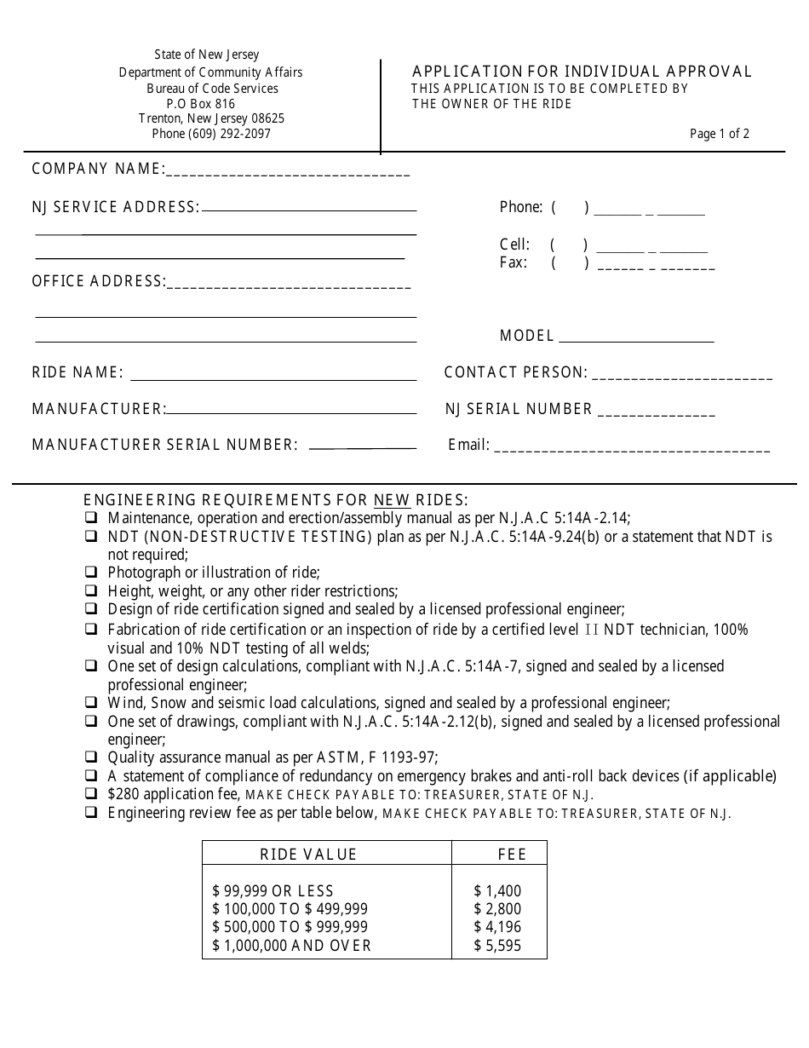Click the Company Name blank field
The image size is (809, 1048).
click(x=288, y=172)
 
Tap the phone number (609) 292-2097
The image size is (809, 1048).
click(x=212, y=134)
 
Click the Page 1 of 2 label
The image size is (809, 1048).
click(x=720, y=134)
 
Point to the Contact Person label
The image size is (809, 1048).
click(x=515, y=372)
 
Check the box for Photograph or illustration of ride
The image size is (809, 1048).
click(x=90, y=573)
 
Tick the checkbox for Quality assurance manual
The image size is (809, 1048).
click(x=90, y=757)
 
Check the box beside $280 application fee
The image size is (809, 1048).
click(x=90, y=794)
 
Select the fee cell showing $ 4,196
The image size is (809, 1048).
click(x=497, y=927)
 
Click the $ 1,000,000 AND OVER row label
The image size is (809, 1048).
click(x=292, y=946)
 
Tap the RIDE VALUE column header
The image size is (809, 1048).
click(x=308, y=855)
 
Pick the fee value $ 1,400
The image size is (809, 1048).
click(x=497, y=891)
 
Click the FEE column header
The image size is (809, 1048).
click(x=512, y=855)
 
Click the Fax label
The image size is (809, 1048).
click(x=514, y=262)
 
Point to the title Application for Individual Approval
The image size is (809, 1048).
click(x=582, y=72)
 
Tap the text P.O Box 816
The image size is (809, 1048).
click(x=201, y=104)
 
